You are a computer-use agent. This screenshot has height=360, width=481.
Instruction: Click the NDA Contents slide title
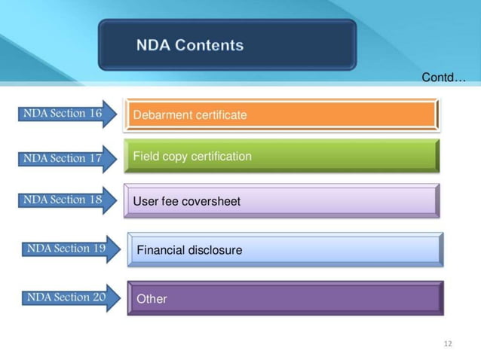pyautogui.click(x=190, y=45)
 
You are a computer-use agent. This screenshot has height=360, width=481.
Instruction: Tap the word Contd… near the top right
pyautogui.click(x=444, y=78)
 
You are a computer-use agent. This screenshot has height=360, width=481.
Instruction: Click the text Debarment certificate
pyautogui.click(x=189, y=115)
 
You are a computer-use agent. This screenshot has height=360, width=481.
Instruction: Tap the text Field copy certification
pyautogui.click(x=192, y=157)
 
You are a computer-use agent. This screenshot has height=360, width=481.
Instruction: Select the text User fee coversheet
pyautogui.click(x=186, y=201)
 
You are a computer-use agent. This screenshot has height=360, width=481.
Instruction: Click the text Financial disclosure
pyautogui.click(x=189, y=250)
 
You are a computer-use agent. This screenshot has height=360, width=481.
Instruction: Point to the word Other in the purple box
pyautogui.click(x=152, y=299)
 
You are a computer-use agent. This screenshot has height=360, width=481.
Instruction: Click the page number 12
pyautogui.click(x=448, y=344)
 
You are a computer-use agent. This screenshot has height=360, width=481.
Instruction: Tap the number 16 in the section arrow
pyautogui.click(x=95, y=114)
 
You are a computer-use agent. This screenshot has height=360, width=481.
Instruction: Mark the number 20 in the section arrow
pyautogui.click(x=99, y=297)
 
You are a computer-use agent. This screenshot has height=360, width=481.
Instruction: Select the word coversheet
pyautogui.click(x=210, y=201)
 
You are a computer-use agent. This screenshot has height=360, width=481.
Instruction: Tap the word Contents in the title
pyautogui.click(x=210, y=45)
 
